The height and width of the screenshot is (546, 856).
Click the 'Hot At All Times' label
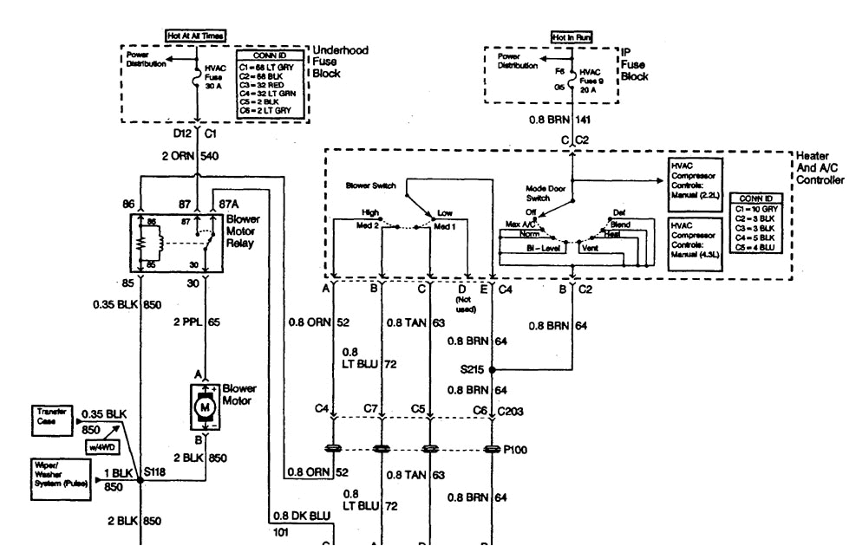[x=196, y=36]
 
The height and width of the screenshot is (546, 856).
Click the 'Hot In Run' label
[x=571, y=37]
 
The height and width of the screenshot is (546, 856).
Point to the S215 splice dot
[x=492, y=369]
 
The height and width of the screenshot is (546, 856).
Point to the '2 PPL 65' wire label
[x=199, y=322]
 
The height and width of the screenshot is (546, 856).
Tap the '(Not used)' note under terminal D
[x=461, y=303]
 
